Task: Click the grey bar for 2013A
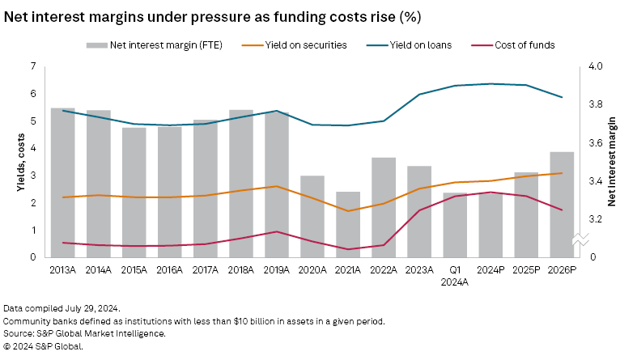pos(62,182)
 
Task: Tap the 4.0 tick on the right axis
pos(596,66)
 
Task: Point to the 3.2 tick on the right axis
pos(596,219)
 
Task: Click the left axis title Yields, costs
pos(19,162)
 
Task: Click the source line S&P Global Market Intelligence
pos(84,333)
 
